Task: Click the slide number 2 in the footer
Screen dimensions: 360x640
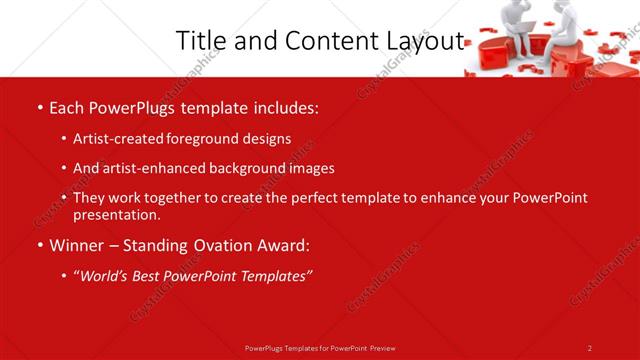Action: pyautogui.click(x=590, y=348)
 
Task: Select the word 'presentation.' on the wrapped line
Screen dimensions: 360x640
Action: pyautogui.click(x=117, y=214)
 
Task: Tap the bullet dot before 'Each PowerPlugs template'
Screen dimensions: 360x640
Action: pyautogui.click(x=39, y=106)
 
